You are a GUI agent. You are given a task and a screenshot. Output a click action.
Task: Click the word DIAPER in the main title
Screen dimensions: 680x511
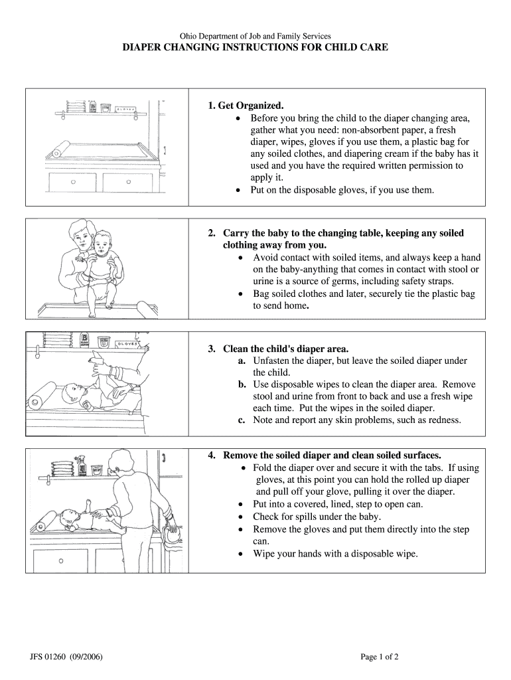143,48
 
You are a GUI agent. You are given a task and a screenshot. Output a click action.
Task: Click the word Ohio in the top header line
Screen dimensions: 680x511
190,36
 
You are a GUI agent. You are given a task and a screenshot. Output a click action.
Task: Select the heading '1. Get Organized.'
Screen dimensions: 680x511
246,106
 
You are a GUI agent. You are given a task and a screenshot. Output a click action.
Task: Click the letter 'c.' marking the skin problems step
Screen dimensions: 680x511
243,420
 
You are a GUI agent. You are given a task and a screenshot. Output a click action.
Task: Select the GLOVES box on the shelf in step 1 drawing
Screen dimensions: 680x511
126,108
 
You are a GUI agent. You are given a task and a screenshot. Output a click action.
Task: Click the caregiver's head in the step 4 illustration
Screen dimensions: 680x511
122,460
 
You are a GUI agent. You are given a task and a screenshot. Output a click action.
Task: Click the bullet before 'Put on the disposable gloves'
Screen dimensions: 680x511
238,190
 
